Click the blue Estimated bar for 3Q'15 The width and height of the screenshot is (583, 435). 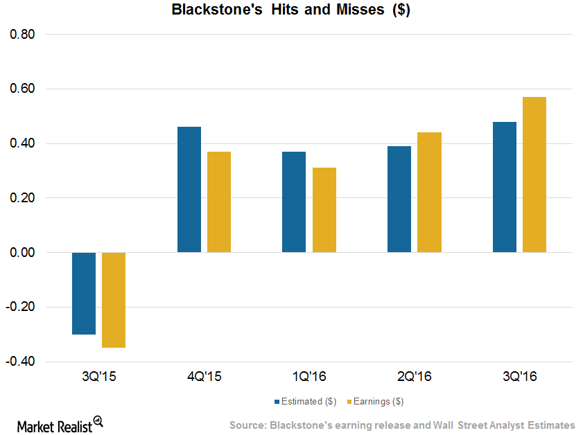tap(84, 293)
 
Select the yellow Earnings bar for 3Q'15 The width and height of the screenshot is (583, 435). tap(114, 299)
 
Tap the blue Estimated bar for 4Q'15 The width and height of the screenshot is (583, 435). tap(189, 190)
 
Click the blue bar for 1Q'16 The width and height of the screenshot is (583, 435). tap(294, 202)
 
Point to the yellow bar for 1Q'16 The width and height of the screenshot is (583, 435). tap(324, 211)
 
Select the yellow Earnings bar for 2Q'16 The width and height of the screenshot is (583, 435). tap(429, 193)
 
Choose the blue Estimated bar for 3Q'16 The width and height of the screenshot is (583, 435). tap(504, 187)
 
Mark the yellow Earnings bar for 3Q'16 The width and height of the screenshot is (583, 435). tap(534, 175)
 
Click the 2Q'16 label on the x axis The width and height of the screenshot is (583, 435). tap(414, 377)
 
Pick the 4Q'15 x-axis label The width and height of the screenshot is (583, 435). tap(204, 377)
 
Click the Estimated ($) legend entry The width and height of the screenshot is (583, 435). tap(306, 401)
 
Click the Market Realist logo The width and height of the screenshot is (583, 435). tap(56, 425)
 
